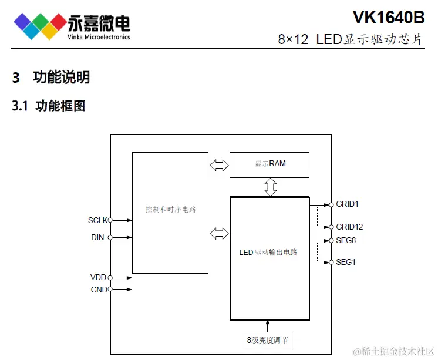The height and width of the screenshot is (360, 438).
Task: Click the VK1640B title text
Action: [x=388, y=17]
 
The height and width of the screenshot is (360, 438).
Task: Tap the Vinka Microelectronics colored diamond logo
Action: [x=40, y=25]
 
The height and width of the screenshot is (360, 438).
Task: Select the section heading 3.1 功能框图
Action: [x=49, y=106]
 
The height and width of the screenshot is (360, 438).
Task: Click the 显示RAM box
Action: [x=269, y=164]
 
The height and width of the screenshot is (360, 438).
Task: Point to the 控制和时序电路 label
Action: [x=171, y=209]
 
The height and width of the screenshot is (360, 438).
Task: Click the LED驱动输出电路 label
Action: [x=268, y=253]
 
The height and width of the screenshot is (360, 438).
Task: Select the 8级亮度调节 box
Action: [x=267, y=340]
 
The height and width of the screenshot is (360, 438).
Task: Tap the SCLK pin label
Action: [x=97, y=220]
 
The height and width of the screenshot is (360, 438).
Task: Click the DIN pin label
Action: [x=98, y=238]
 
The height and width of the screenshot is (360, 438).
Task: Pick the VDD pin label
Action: [x=98, y=277]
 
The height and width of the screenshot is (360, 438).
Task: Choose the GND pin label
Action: [x=98, y=290]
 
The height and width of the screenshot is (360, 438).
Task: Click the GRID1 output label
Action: [x=347, y=204]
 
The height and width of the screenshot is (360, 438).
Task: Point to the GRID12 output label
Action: [x=349, y=227]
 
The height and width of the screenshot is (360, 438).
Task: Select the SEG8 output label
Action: [x=346, y=240]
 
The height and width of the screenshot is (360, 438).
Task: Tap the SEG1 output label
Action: [x=346, y=262]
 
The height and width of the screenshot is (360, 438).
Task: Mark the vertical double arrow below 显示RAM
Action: [x=269, y=187]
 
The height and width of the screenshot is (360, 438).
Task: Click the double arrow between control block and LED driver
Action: [x=219, y=233]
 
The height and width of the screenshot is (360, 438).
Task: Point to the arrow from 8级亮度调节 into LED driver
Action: [x=268, y=325]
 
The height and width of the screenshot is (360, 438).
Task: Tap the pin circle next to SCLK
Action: [x=110, y=220]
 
